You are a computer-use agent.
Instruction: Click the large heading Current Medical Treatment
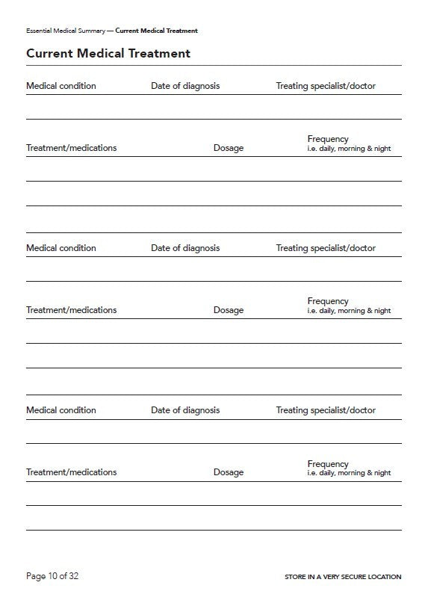(108, 54)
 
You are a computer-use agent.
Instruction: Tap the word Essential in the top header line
(40, 31)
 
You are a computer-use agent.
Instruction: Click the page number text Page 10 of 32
(52, 576)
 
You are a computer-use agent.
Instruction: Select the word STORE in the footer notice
(296, 577)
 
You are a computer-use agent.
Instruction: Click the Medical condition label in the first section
(61, 86)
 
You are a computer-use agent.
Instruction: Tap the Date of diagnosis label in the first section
(185, 86)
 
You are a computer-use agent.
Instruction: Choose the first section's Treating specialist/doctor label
(326, 86)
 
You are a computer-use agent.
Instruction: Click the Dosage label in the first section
(229, 148)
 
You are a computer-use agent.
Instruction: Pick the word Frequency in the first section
(328, 139)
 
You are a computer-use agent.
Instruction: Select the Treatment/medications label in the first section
(72, 148)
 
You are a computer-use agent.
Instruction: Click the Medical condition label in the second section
(61, 248)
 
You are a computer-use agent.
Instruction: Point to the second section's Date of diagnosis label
(185, 248)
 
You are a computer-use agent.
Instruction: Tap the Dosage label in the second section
(229, 310)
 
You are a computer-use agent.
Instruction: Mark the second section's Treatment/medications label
(72, 310)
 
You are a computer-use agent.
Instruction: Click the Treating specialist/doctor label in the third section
(326, 410)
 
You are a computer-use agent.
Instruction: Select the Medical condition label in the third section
(61, 410)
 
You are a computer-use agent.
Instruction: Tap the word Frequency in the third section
(328, 464)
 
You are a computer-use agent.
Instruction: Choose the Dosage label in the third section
(229, 472)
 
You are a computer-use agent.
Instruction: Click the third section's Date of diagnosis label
(185, 410)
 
